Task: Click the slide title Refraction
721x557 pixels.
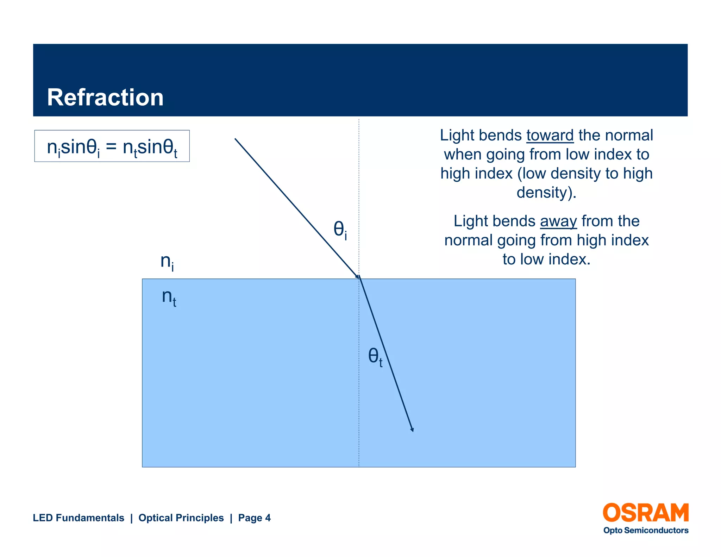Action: tap(105, 98)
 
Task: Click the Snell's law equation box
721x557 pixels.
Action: tap(112, 146)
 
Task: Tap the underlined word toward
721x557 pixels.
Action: tap(550, 136)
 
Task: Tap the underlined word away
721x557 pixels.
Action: tap(558, 221)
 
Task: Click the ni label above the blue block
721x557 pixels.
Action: tap(167, 262)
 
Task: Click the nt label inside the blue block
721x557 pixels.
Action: tap(169, 297)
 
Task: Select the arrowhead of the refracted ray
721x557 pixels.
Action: tap(412, 429)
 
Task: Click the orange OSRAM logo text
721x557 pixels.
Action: tap(646, 513)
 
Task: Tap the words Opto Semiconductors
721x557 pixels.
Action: tap(646, 530)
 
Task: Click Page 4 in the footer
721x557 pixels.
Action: tap(254, 518)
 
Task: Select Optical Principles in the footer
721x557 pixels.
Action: tap(181, 518)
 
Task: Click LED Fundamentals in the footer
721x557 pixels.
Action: tap(79, 518)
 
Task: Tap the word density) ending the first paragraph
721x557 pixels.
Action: tap(546, 193)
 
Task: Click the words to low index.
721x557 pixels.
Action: tap(546, 259)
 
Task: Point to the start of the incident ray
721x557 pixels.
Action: tap(236, 139)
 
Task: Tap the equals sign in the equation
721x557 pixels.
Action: tap(111, 146)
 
